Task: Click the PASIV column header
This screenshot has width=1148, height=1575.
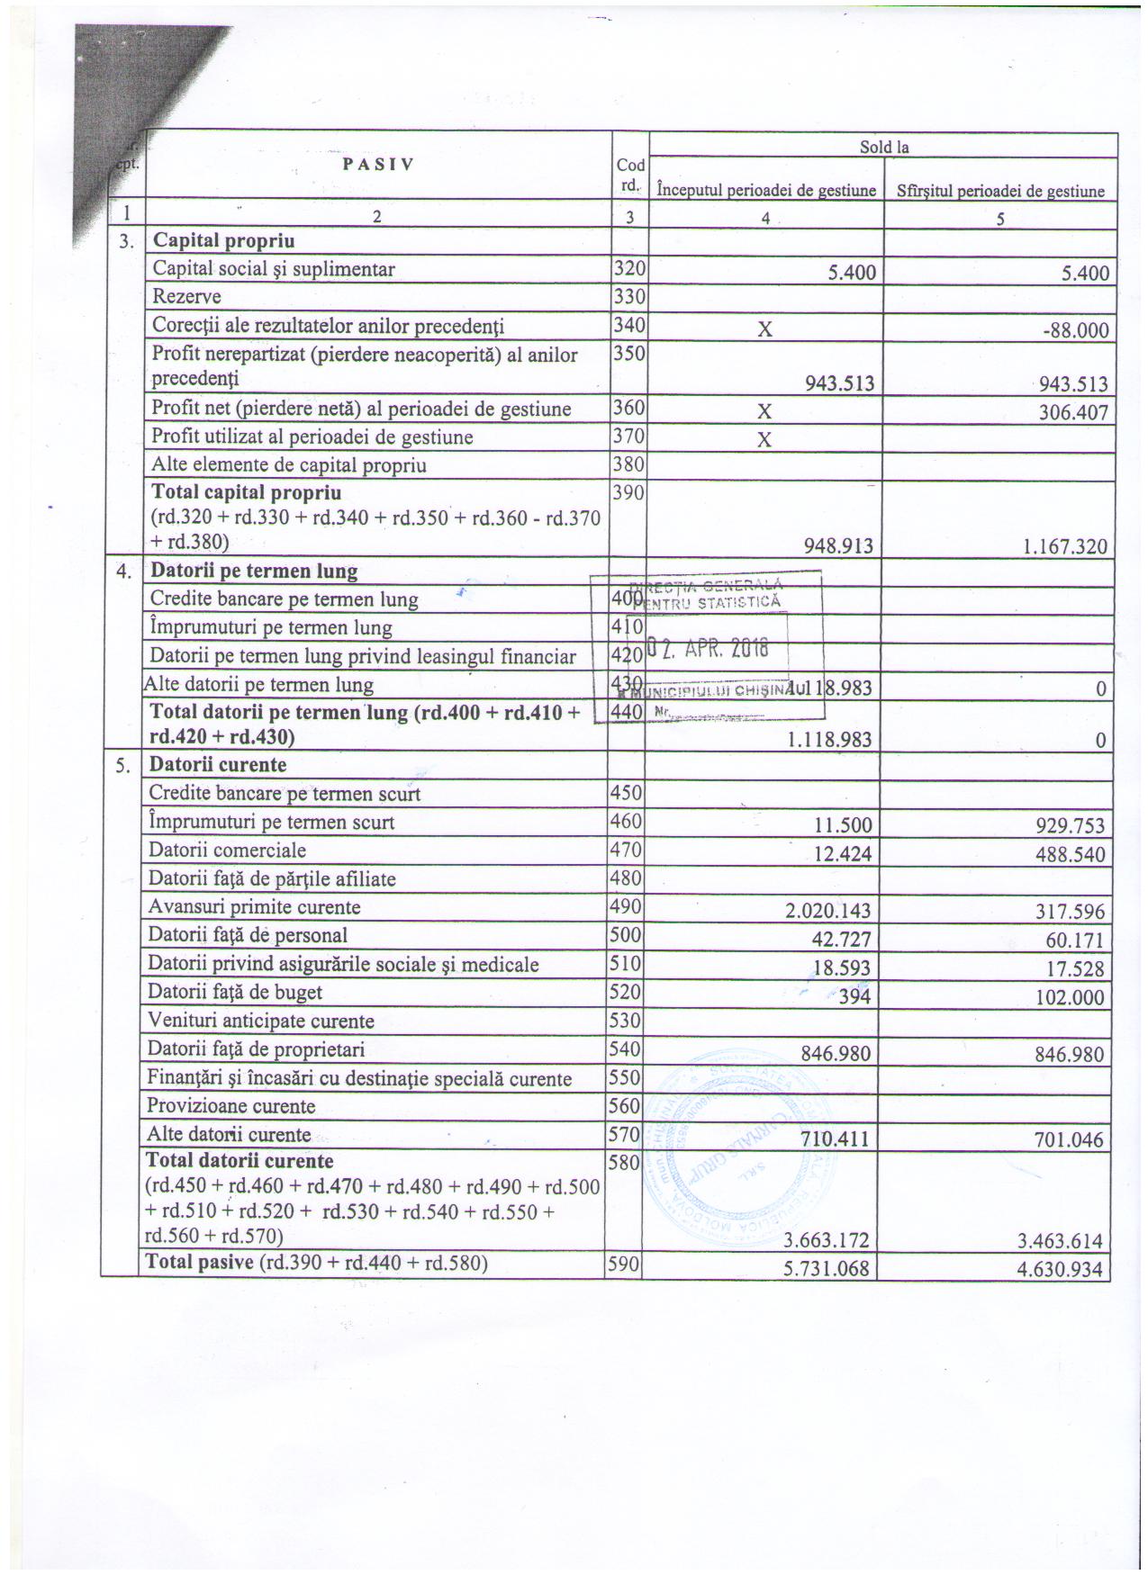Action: point(377,165)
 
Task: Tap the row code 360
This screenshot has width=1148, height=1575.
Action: point(628,408)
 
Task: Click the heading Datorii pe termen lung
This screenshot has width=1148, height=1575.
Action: point(254,571)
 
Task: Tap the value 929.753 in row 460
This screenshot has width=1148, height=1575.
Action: point(1070,826)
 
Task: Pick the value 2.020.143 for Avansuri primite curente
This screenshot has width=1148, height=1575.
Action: point(827,911)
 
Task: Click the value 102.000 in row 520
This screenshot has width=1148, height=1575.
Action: point(1070,996)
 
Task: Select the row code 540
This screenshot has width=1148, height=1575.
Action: point(626,1048)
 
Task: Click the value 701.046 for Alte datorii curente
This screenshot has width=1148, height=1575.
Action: point(1070,1139)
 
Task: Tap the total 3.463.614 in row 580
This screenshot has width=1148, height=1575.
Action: point(1060,1240)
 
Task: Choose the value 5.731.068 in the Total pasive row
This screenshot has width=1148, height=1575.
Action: point(827,1269)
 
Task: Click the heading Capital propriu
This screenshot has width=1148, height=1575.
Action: point(223,240)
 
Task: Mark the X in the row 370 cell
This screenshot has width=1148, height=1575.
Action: point(764,440)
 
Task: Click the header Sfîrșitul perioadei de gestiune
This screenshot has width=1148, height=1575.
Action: point(1000,191)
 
